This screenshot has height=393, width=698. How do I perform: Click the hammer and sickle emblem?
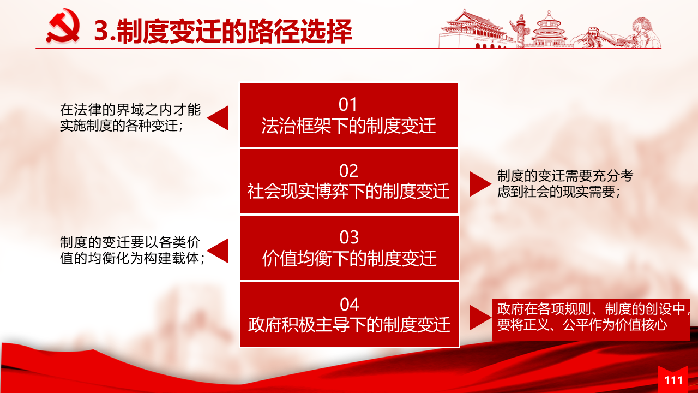(x=63, y=26)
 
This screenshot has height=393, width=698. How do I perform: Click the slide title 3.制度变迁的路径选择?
(x=223, y=31)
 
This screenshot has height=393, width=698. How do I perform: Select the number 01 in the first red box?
(x=348, y=104)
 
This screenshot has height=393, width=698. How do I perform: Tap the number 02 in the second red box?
(x=348, y=171)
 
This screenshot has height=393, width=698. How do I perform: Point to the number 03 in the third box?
(x=349, y=237)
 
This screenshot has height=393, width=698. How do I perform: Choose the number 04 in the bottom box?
(x=350, y=305)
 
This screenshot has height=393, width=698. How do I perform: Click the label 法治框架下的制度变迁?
(x=348, y=126)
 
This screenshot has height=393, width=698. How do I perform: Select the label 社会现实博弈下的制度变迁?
(x=348, y=191)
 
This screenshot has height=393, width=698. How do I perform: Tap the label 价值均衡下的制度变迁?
(x=349, y=258)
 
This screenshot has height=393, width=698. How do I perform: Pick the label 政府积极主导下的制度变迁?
(x=349, y=325)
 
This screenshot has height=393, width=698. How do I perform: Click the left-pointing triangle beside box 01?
(x=219, y=118)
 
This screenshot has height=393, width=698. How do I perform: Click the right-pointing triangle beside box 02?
(x=479, y=184)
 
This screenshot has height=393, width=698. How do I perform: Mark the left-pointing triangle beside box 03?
(x=219, y=251)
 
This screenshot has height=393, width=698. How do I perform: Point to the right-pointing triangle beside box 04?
(x=479, y=318)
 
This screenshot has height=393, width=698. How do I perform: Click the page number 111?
(x=673, y=380)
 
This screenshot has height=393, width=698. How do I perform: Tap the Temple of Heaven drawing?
(x=549, y=29)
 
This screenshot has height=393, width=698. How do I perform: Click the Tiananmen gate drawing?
(x=474, y=29)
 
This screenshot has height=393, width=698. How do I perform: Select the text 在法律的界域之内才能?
(x=130, y=110)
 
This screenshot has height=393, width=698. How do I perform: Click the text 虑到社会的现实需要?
(x=556, y=192)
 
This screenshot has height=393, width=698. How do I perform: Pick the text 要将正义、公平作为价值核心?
(x=582, y=325)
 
